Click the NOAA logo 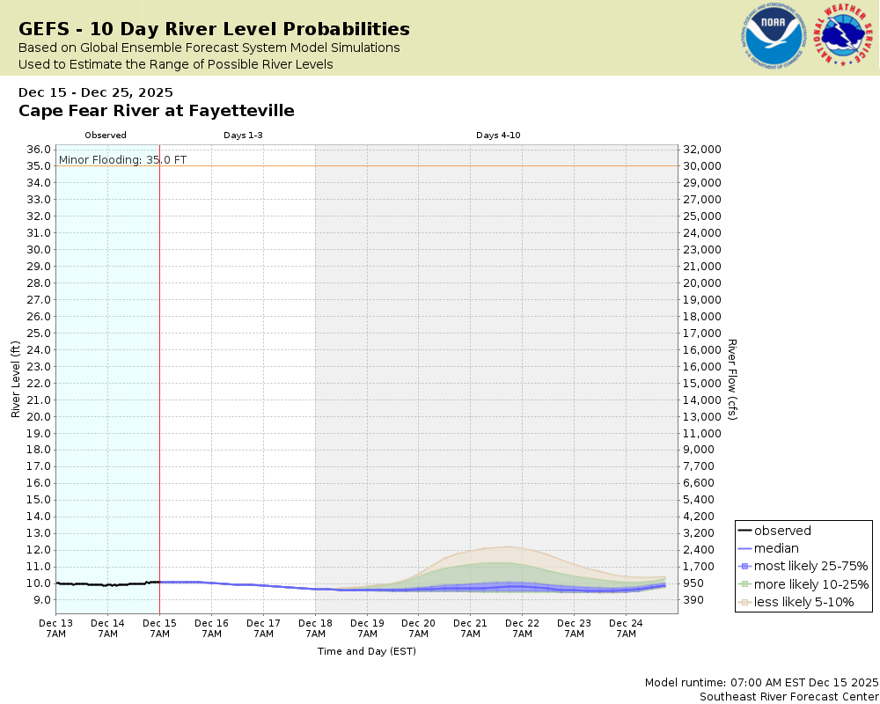pos(773,38)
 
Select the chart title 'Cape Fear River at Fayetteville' pos(157,111)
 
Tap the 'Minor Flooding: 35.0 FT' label pos(122,159)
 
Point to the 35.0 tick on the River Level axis pos(38,165)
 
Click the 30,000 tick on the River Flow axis pos(702,165)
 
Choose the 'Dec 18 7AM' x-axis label pos(315,627)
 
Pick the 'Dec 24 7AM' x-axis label pos(626,627)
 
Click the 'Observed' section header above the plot pos(106,136)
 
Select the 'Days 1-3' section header pos(243,136)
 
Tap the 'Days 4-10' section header pos(498,136)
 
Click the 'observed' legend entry pos(782,531)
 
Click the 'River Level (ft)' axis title pos(16,379)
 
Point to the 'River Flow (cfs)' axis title pos(731,379)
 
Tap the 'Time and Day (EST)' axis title pos(366,651)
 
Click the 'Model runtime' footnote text pos(761,682)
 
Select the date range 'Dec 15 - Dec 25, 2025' pos(96,92)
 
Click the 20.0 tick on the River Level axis pos(38,416)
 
